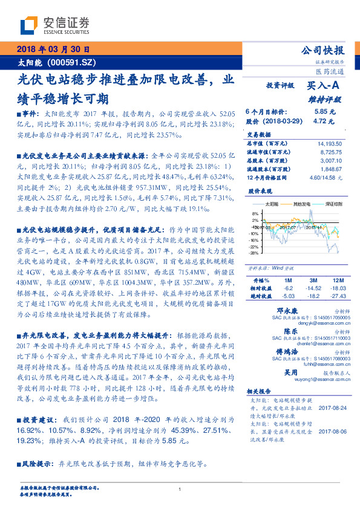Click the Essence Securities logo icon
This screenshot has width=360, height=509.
point(30,25)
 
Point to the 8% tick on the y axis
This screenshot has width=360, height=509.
point(255,213)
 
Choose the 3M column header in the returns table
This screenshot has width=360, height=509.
point(313,280)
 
